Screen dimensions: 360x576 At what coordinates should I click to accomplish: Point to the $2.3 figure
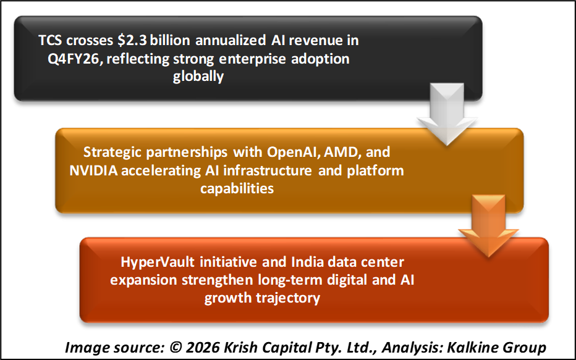click(133, 41)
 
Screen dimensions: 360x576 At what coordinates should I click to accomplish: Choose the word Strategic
click(116, 152)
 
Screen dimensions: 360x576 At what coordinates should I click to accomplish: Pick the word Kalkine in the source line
click(473, 347)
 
